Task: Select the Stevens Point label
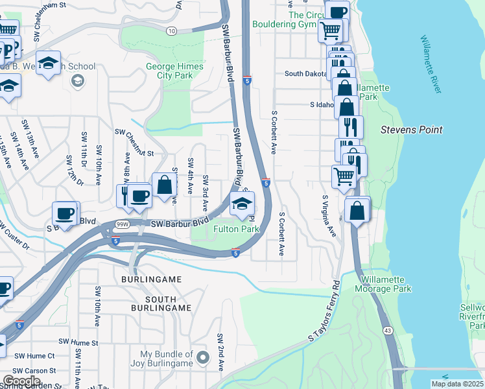[411, 130]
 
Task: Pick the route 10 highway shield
[171, 30]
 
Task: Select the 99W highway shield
[121, 224]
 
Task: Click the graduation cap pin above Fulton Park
[242, 204]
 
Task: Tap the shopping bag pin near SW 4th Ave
[165, 185]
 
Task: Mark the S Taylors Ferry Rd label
[324, 311]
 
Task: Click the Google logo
[21, 381]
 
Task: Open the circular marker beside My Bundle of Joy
[203, 357]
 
